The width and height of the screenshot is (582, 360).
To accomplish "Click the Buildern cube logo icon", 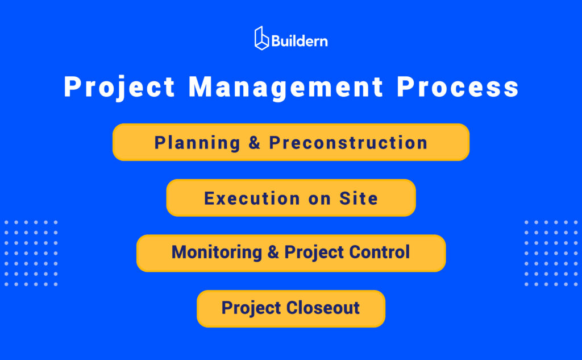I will [261, 38].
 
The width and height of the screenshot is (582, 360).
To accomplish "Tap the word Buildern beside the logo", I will [300, 41].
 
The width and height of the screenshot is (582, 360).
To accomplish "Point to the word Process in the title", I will [458, 88].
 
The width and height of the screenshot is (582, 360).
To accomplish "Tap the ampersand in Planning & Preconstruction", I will [255, 143].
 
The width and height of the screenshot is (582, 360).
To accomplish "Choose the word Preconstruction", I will [348, 143].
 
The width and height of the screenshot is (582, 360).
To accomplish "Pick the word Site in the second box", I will [359, 198].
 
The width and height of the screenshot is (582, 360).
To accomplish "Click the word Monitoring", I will [217, 252].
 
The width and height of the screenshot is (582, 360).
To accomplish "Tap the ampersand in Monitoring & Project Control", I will [273, 253].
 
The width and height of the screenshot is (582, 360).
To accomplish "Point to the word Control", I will [381, 252].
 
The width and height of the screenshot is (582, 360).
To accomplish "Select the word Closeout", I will [323, 308].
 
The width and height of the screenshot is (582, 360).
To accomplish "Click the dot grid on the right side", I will [551, 253].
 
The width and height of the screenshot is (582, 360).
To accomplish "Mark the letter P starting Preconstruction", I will [275, 143].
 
